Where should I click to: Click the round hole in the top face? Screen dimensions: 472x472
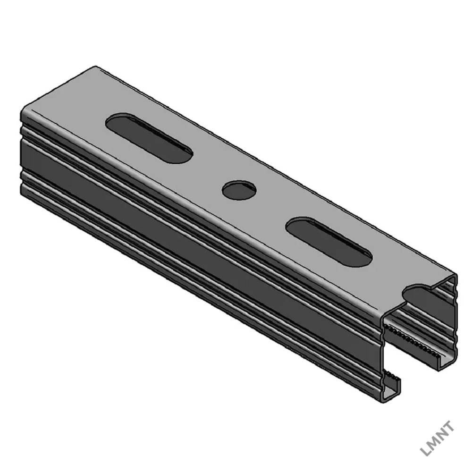tap(239, 190)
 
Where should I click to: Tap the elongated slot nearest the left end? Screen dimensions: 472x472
tap(149, 138)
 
